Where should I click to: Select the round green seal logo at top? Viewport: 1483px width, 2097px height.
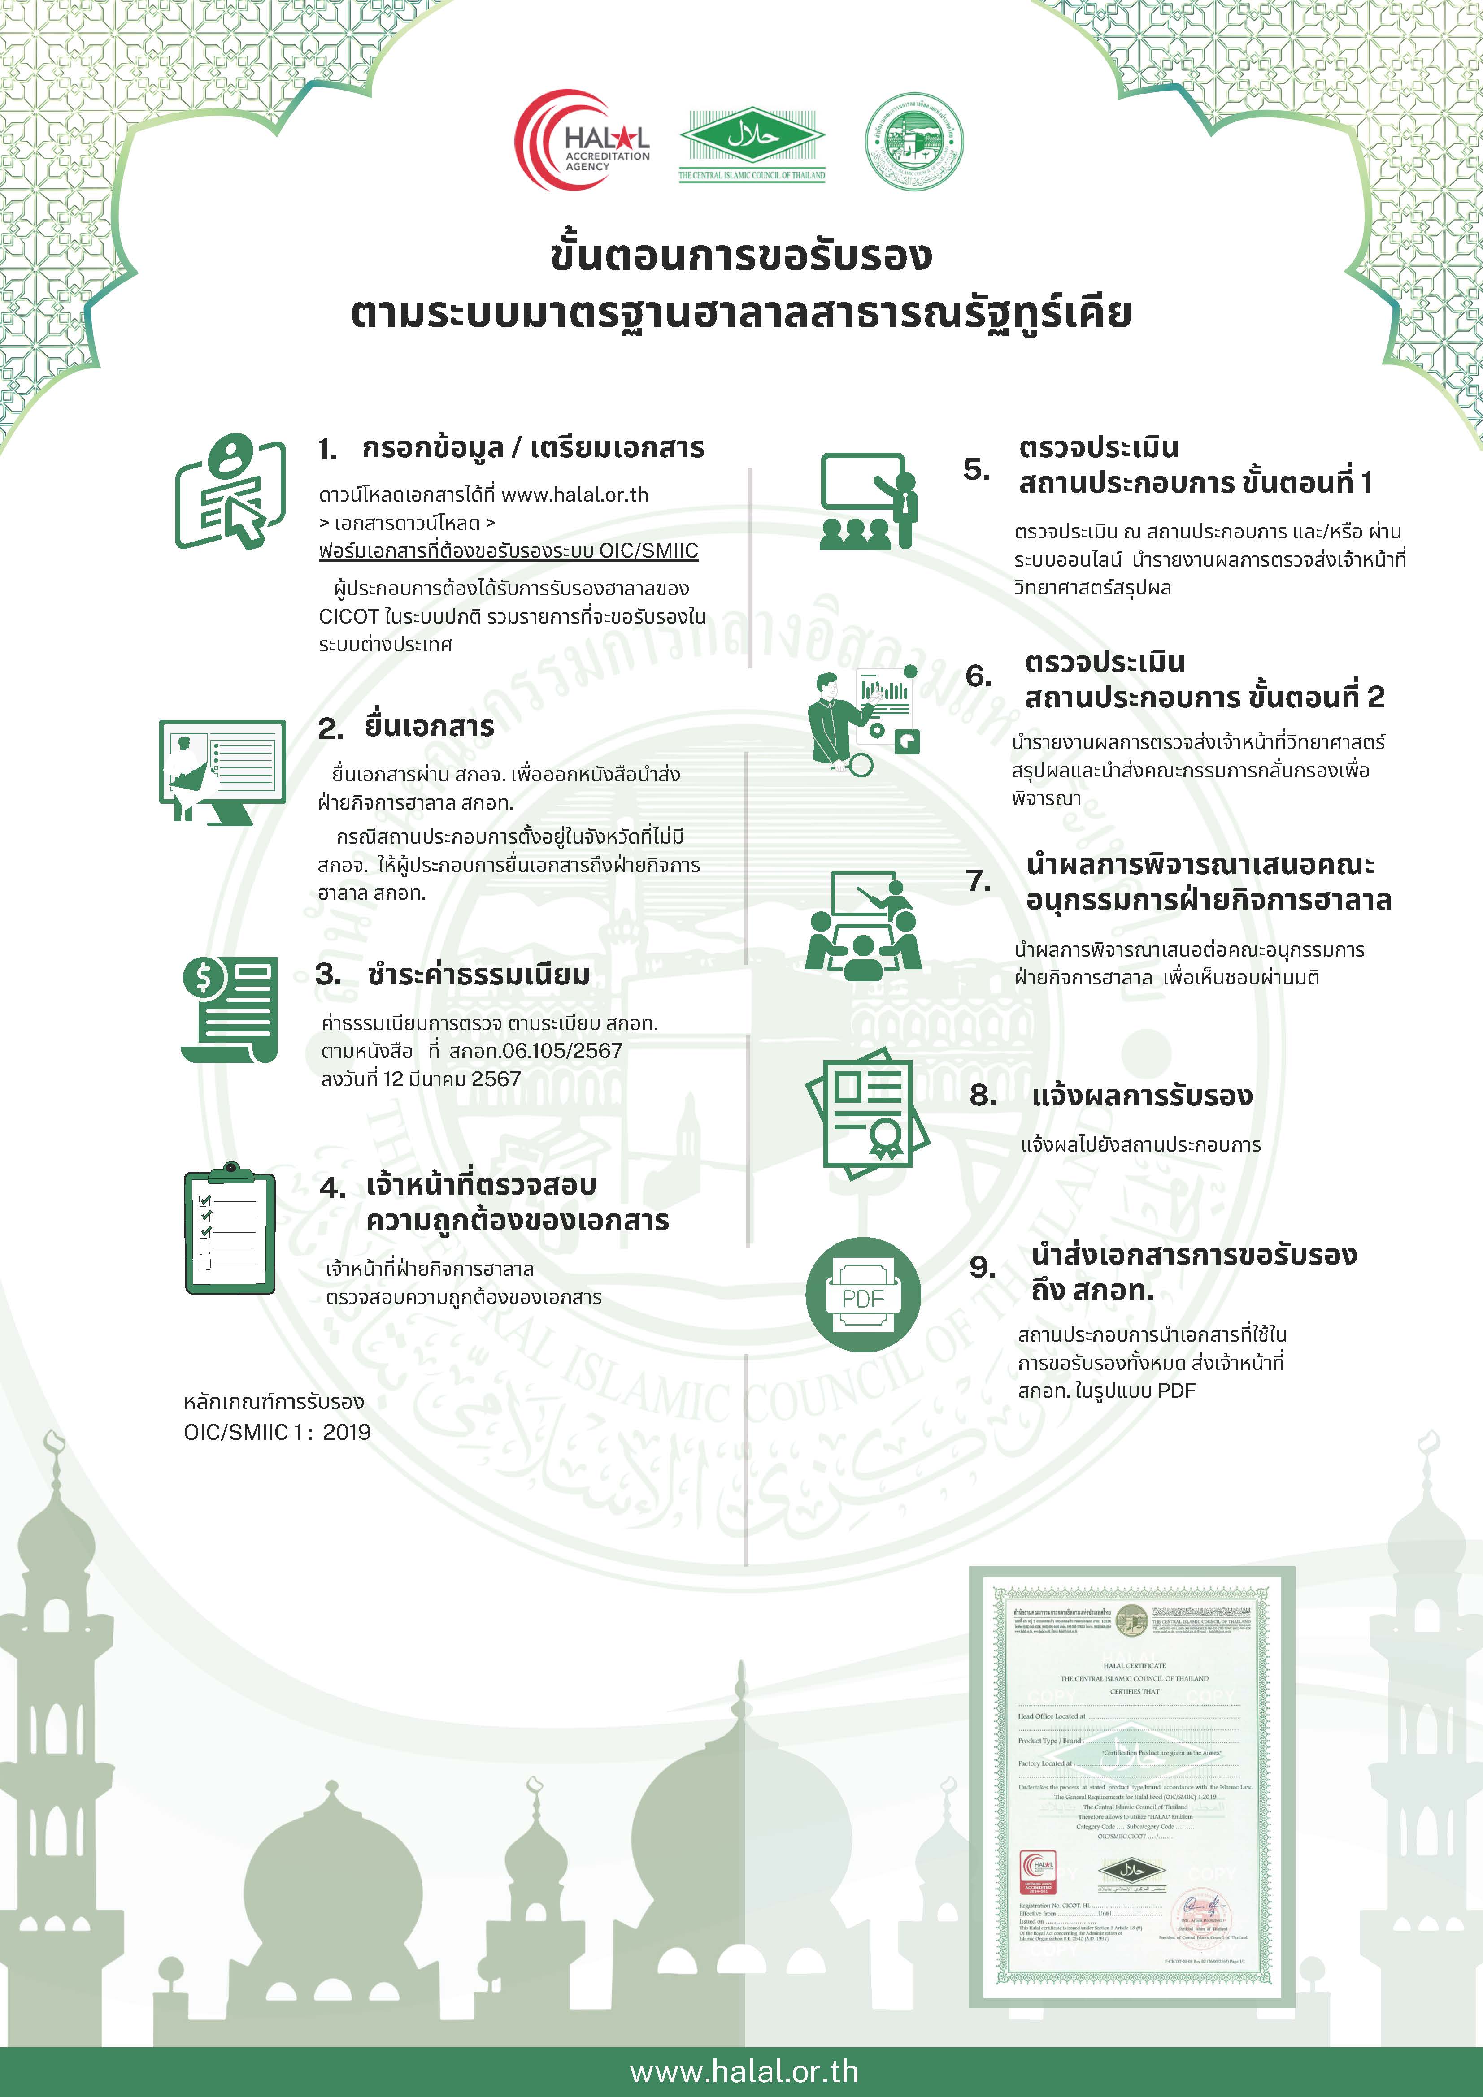(x=914, y=142)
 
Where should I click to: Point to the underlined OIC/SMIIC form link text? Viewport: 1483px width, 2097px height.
(x=508, y=551)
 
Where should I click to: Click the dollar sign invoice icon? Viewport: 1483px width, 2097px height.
(x=229, y=1009)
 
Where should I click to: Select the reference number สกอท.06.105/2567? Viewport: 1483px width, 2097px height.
(x=535, y=1050)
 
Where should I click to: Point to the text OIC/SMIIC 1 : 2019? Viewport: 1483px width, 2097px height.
(x=277, y=1431)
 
